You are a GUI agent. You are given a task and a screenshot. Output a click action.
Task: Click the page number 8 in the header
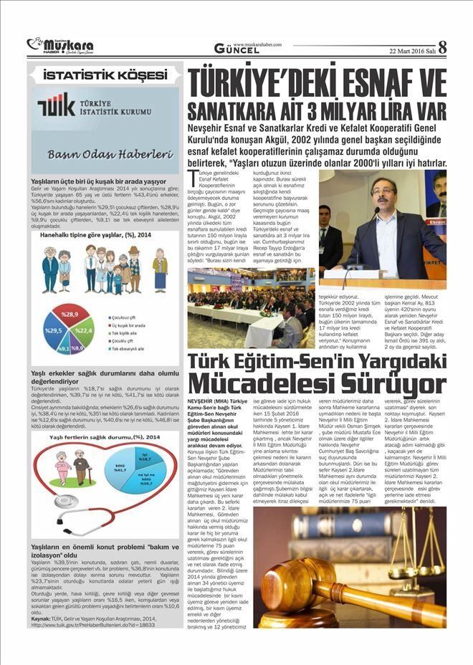[441, 47]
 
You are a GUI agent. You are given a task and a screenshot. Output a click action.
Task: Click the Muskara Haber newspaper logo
[61, 45]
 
